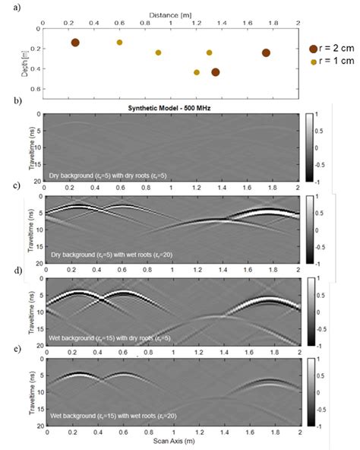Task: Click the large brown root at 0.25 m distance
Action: pos(75,43)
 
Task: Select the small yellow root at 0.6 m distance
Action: pos(119,43)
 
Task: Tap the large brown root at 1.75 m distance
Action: pos(266,52)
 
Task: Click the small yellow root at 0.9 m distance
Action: pos(158,52)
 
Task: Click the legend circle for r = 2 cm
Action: pos(314,48)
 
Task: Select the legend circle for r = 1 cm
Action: pos(314,61)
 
